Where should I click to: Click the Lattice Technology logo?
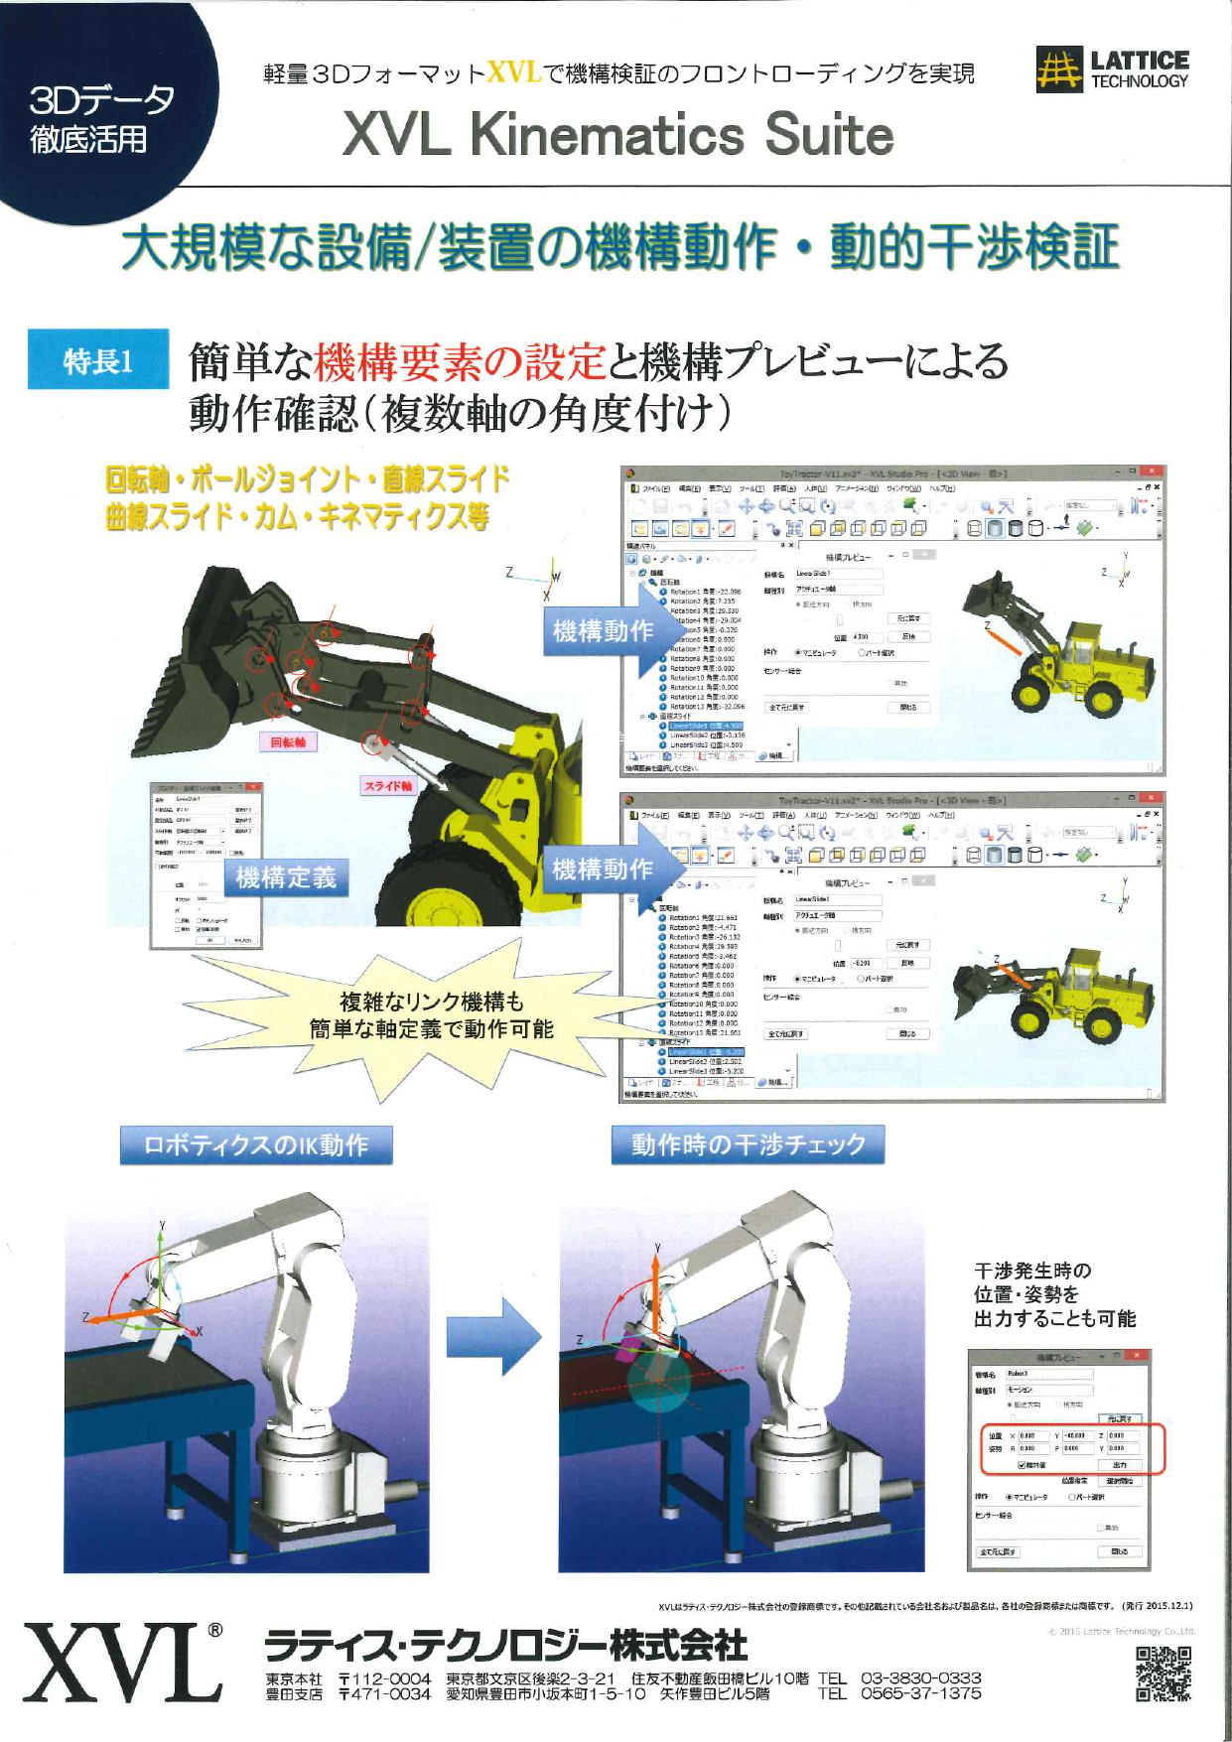[x=1112, y=69]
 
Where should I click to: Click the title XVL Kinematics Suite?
[x=617, y=135]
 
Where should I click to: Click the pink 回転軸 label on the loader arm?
[x=288, y=741]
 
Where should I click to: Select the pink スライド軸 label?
[x=387, y=785]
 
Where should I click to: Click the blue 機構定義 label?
[x=286, y=877]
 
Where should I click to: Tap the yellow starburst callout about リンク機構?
[x=431, y=1015]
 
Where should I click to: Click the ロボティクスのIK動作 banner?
[x=256, y=1144]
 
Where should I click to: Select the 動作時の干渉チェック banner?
[x=748, y=1144]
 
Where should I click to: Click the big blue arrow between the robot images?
[x=493, y=1335]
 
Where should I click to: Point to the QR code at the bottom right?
[x=1163, y=1674]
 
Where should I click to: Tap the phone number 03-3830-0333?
[x=920, y=1676]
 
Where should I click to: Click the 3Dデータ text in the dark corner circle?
[x=101, y=99]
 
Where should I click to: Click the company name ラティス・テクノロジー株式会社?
[x=506, y=1645]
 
